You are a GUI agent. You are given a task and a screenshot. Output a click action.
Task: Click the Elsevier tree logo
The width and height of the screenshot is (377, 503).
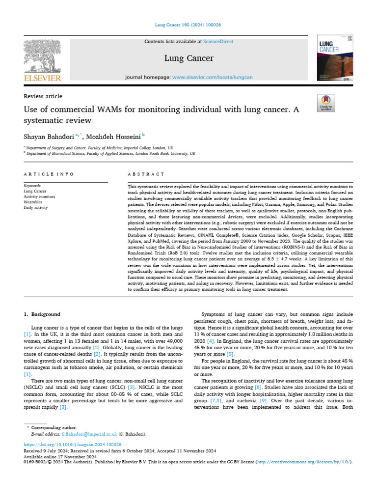coord(43,56)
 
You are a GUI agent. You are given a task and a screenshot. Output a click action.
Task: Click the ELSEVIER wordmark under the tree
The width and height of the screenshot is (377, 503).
coord(43,78)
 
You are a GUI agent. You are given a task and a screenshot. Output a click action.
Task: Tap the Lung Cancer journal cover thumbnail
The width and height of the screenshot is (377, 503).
coord(335,58)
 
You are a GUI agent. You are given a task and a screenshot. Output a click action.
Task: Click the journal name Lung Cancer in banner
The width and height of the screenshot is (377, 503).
coord(189,58)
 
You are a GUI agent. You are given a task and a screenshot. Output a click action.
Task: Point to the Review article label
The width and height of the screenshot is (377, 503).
coord(43,96)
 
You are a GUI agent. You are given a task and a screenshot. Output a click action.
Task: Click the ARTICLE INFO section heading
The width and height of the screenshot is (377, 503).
coord(49,174)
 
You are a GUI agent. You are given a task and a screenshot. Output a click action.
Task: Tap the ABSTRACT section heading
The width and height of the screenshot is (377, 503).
coord(146,174)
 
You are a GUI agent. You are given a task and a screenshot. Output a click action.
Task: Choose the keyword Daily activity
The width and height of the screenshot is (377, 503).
coord(36,208)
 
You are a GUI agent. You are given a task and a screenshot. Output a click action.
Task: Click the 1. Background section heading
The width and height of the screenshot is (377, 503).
coord(42,314)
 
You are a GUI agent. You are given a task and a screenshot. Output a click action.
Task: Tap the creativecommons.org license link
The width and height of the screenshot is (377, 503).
coord(303,462)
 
